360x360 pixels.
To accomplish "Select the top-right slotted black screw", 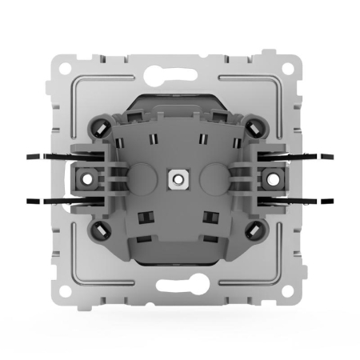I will tap(254, 125).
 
